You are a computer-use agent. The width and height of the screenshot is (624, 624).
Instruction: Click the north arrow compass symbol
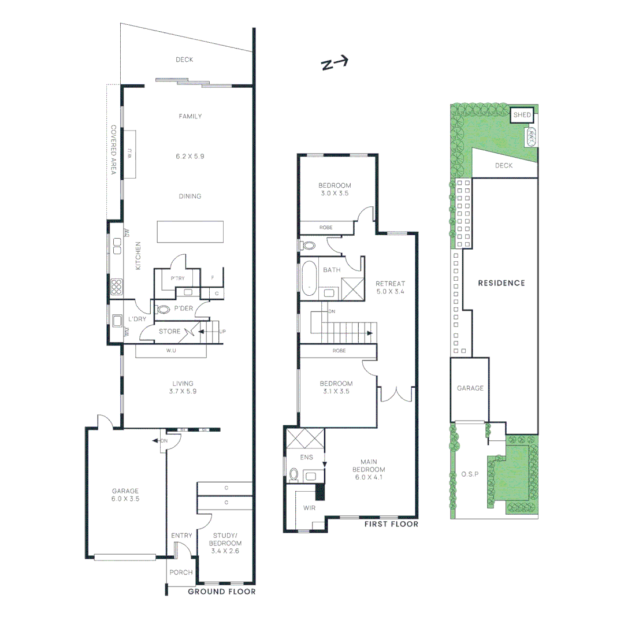[x=334, y=64]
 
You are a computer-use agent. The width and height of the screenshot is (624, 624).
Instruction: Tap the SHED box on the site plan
[x=522, y=115]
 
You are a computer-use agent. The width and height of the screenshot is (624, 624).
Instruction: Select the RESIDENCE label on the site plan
[x=501, y=283]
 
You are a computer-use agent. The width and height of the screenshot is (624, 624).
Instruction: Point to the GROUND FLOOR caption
[x=222, y=592]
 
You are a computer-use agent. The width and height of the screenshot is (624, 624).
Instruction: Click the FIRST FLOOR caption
[x=391, y=524]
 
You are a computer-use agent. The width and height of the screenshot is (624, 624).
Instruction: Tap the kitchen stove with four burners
[x=116, y=287]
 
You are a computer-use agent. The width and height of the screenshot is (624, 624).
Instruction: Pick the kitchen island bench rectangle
[x=190, y=232]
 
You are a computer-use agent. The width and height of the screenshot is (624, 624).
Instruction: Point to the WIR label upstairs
[x=309, y=508]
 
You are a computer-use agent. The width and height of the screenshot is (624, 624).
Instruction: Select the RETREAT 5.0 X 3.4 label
[x=390, y=288]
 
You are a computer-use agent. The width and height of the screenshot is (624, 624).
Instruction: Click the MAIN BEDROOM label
[x=373, y=470]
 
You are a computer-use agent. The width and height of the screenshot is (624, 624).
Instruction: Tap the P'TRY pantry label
[x=177, y=278]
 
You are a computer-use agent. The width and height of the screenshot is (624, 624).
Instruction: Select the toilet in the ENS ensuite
[x=294, y=475]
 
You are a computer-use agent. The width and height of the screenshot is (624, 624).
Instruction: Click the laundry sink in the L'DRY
[x=117, y=320]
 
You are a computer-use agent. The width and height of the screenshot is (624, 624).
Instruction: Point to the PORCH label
[x=180, y=574]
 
